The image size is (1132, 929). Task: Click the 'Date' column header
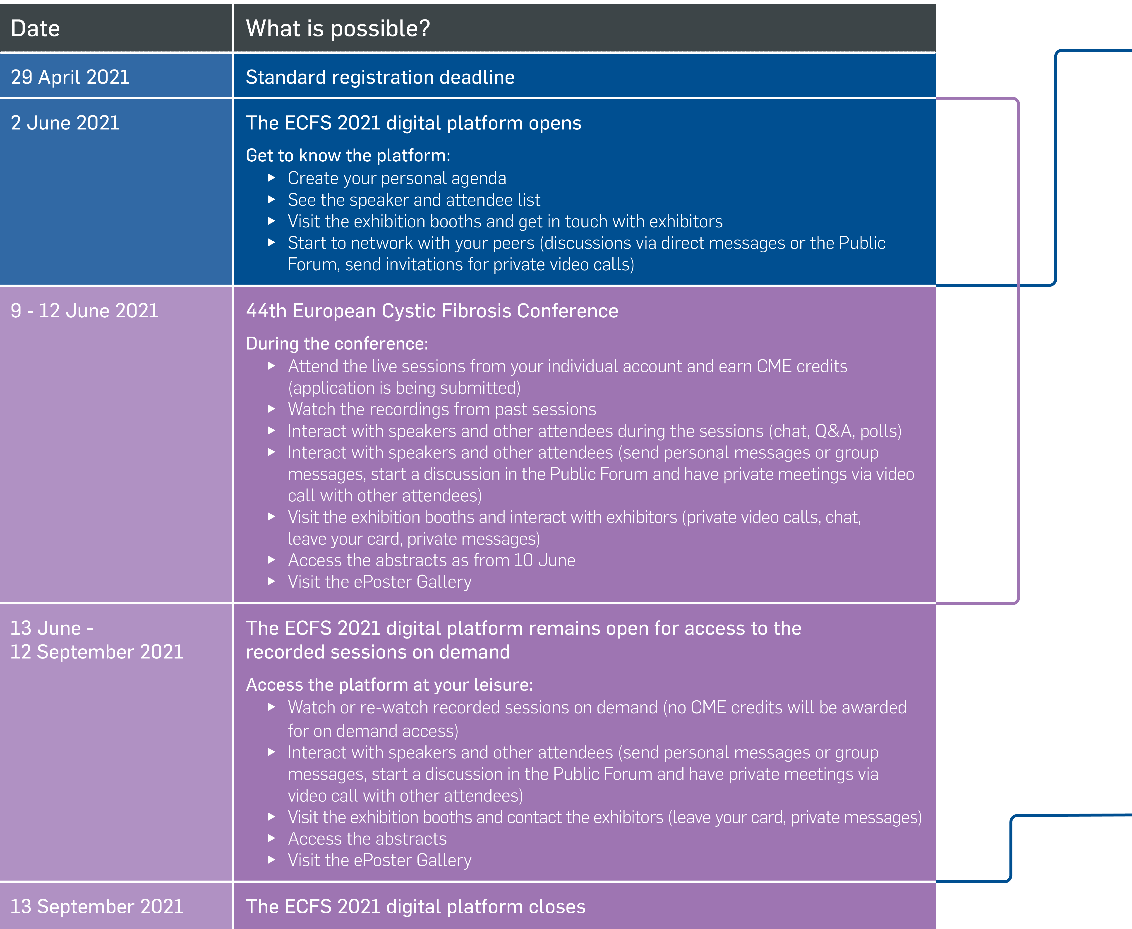point(35,28)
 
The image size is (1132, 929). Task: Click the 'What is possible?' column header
point(338,28)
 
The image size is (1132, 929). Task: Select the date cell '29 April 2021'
point(70,77)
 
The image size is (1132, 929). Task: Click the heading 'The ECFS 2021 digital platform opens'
point(413,123)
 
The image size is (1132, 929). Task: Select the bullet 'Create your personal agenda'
point(397,178)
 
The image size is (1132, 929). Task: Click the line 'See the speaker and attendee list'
point(414,200)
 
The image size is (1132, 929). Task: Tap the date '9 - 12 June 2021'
point(85,311)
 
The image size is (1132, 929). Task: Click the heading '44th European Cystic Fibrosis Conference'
point(432,311)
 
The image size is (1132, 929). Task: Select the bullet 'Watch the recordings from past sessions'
point(441,409)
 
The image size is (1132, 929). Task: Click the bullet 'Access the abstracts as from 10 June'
point(431,560)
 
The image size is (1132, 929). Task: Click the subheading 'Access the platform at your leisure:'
point(389,685)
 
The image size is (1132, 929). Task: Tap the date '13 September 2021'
point(97,907)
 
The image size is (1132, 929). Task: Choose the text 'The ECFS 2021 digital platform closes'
point(415,907)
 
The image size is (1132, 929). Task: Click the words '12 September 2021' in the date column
point(97,652)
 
